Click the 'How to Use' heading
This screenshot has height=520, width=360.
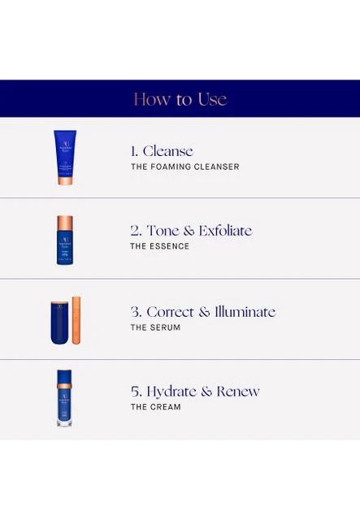pyautogui.click(x=180, y=99)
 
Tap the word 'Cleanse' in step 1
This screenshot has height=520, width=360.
pyautogui.click(x=168, y=151)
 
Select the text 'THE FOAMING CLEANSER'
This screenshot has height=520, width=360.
pyautogui.click(x=185, y=167)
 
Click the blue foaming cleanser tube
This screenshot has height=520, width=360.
pyautogui.click(x=65, y=157)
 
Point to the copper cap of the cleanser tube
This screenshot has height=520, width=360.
pyautogui.click(x=65, y=180)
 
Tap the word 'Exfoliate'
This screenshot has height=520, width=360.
pyautogui.click(x=226, y=231)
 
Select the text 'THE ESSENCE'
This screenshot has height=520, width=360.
pyautogui.click(x=159, y=246)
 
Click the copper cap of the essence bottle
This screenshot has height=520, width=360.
pyautogui.click(x=65, y=223)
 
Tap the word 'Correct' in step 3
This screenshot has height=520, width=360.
pyautogui.click(x=170, y=312)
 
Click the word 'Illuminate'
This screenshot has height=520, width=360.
pyautogui.click(x=245, y=312)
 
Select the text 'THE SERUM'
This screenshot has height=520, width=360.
pyautogui.click(x=155, y=327)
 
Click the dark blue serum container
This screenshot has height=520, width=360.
pyautogui.click(x=59, y=323)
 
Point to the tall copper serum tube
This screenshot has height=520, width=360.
pyautogui.click(x=76, y=320)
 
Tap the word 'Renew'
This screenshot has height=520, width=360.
pyautogui.click(x=238, y=392)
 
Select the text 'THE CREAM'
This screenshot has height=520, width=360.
pyautogui.click(x=155, y=407)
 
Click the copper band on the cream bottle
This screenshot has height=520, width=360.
pyautogui.click(x=64, y=386)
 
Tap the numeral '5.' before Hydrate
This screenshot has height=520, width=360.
pyautogui.click(x=137, y=392)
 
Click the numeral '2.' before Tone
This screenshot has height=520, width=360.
pyautogui.click(x=136, y=231)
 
